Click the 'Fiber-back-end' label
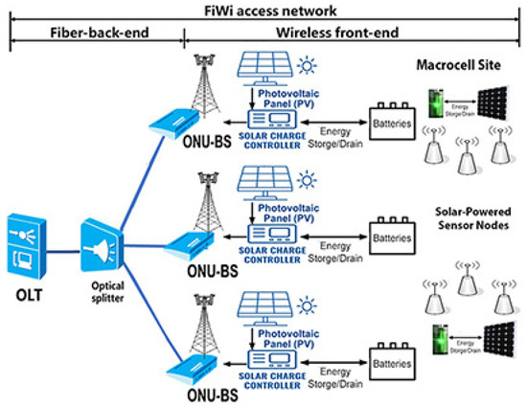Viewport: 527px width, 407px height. tap(96, 34)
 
